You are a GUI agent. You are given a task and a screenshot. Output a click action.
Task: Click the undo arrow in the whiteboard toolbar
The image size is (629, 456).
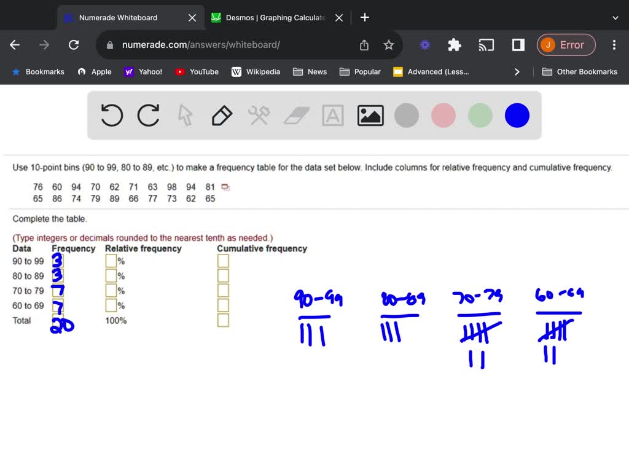(x=112, y=115)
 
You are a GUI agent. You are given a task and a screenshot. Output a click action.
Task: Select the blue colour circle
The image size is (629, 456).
(x=517, y=115)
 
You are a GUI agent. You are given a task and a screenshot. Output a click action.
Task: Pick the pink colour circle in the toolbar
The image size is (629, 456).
(x=443, y=115)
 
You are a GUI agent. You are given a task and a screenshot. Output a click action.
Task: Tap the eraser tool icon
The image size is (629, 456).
(x=297, y=115)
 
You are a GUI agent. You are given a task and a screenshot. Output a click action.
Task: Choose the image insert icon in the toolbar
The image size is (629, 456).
(x=370, y=115)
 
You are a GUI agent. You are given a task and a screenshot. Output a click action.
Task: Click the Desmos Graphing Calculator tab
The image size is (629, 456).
(x=276, y=18)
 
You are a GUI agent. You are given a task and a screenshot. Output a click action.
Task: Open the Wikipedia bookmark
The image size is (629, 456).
(x=256, y=72)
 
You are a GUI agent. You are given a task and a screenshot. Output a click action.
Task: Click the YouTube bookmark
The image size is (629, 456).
(x=197, y=72)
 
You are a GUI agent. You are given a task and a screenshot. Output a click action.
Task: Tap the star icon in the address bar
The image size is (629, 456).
(x=388, y=45)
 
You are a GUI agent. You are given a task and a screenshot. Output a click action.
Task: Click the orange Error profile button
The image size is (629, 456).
(x=566, y=45)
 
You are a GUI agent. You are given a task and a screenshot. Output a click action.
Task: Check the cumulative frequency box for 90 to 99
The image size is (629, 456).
(x=223, y=261)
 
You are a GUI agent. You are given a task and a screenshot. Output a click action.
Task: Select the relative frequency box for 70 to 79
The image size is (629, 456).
(x=111, y=291)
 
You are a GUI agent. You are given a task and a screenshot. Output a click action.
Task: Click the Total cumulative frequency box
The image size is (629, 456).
(x=223, y=320)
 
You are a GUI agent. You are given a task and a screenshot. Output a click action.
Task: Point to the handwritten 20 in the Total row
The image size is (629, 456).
(x=61, y=324)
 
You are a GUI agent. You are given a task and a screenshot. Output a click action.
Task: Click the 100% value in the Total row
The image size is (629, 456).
(x=116, y=320)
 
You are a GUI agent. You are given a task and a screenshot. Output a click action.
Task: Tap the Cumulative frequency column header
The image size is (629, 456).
(x=262, y=248)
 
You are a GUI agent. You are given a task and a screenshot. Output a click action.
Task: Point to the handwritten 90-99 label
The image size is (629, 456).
(x=318, y=300)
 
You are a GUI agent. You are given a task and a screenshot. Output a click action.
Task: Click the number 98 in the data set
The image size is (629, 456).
(x=171, y=187)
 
